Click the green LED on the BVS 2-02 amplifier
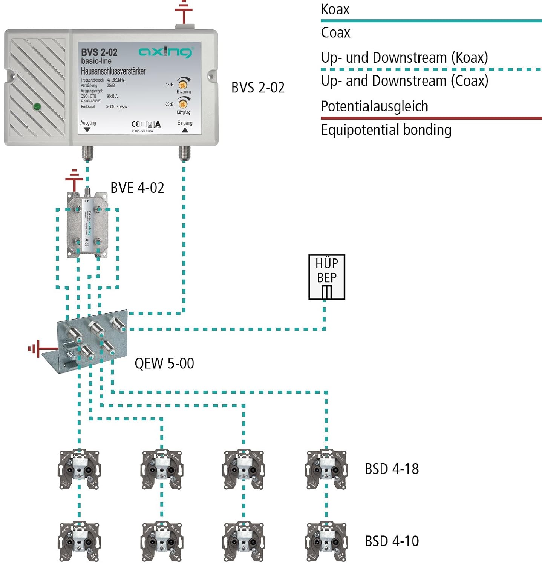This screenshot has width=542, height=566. point(37,107)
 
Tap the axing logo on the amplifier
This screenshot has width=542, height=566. point(166,52)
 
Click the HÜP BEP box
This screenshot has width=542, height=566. point(326,277)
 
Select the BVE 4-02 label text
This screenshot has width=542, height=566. point(137,188)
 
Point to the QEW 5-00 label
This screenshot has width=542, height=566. point(164,363)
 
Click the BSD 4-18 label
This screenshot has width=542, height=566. point(392,469)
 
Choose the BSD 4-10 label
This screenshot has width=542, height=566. point(392,541)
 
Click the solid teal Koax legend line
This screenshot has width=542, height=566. point(431,21)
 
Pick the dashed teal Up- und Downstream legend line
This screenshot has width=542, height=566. point(431,69)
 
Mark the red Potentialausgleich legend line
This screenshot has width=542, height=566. point(431,118)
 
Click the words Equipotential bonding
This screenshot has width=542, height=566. point(386,130)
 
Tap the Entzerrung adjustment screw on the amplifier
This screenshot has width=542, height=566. point(183,85)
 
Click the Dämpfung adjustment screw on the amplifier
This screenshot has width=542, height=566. point(183,104)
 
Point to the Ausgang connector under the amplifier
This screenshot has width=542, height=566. point(87,153)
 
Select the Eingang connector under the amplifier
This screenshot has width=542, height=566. point(184,153)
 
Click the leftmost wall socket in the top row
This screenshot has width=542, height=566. point(79,469)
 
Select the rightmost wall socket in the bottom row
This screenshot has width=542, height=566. point(326,542)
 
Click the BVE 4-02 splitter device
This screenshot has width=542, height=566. point(87,225)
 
